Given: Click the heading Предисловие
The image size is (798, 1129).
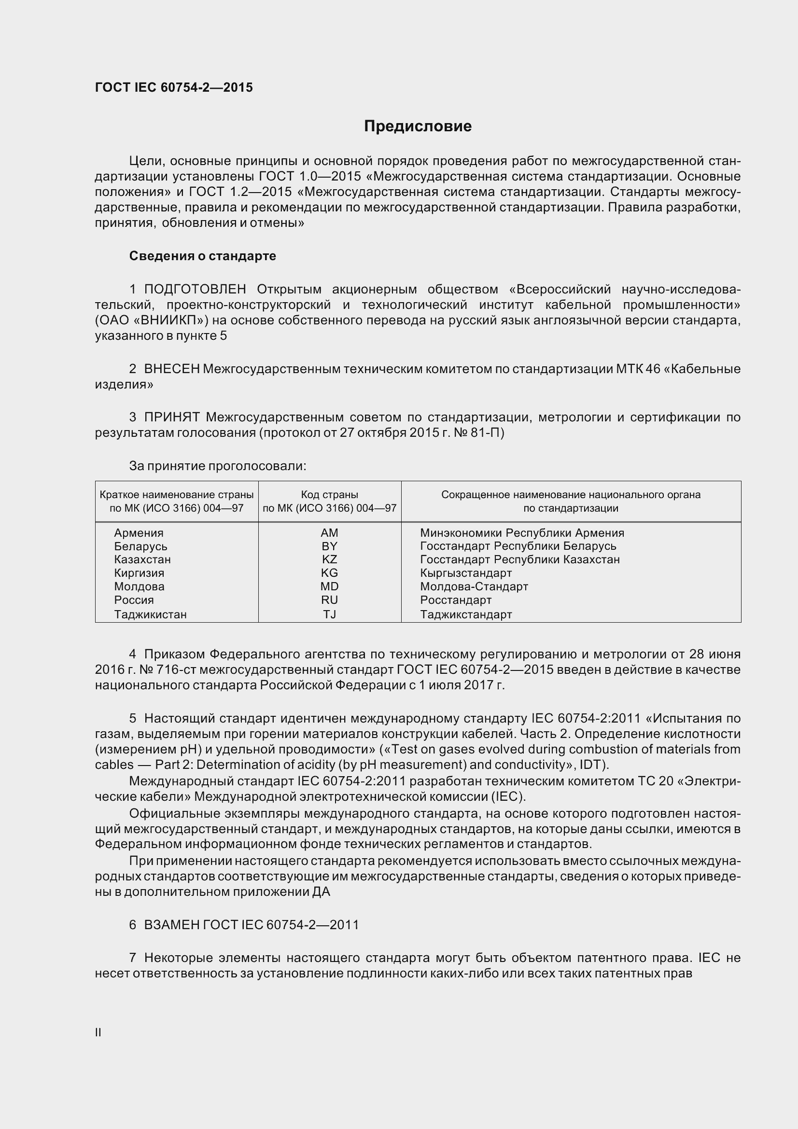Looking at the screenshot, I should pos(418,126).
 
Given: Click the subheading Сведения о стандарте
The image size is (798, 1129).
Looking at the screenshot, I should pos(202,256).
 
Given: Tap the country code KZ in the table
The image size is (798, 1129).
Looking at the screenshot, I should pos(329,559).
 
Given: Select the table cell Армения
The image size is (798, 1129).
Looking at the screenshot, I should pos(139,533).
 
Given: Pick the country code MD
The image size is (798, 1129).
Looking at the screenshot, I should pos(329,586).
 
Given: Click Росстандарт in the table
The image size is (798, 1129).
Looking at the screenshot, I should pos(455,600).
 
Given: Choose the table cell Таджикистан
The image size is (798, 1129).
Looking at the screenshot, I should pos(150,614).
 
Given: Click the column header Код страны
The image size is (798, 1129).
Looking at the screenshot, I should pos(329,495).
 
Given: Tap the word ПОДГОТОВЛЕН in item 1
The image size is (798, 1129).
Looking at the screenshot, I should pos(195,289).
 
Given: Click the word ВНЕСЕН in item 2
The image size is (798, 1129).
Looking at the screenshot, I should pos(171,369).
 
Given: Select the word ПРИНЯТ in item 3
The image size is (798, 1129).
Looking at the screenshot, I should pos(171,418).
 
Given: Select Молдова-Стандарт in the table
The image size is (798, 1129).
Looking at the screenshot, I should pos(474,586).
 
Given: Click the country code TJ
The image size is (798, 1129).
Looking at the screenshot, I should pos(329,614).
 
